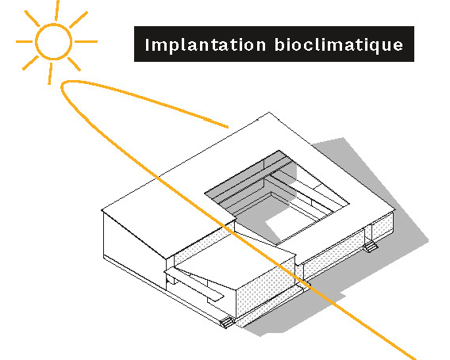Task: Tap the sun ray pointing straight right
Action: pyautogui.click(x=86, y=41)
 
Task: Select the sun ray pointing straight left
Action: pyautogui.click(x=24, y=41)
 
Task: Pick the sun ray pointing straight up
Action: pyautogui.click(x=57, y=10)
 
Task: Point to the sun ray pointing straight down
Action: pyautogui.click(x=50, y=74)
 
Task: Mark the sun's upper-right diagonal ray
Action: pyautogui.click(x=79, y=20)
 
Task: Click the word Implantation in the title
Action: pyautogui.click(x=206, y=45)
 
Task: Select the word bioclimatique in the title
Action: pyautogui.click(x=339, y=44)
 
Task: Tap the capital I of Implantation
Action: pyautogui.click(x=148, y=44)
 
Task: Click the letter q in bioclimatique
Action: pyautogui.click(x=372, y=47)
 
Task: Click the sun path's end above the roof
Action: pyautogui.click(x=228, y=126)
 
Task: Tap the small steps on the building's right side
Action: pyautogui.click(x=371, y=247)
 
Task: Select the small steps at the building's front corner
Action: pyautogui.click(x=227, y=322)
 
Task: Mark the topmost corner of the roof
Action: pyautogui.click(x=269, y=112)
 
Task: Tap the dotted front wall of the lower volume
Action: pyautogui.click(x=264, y=289)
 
